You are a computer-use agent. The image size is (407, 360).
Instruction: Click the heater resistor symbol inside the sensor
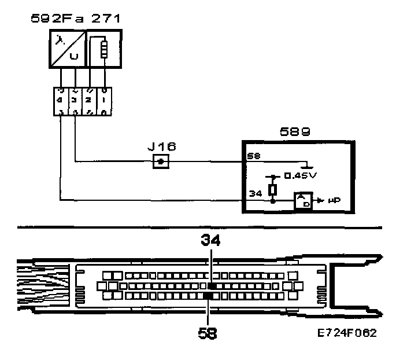pyautogui.click(x=105, y=49)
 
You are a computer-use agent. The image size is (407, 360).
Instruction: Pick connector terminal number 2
pyautogui.click(x=90, y=99)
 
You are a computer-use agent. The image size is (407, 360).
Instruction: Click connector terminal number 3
pyautogui.click(x=75, y=99)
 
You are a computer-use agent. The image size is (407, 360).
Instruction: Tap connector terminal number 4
pyautogui.click(x=61, y=99)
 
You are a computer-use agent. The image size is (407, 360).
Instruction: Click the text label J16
pyautogui.click(x=162, y=147)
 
